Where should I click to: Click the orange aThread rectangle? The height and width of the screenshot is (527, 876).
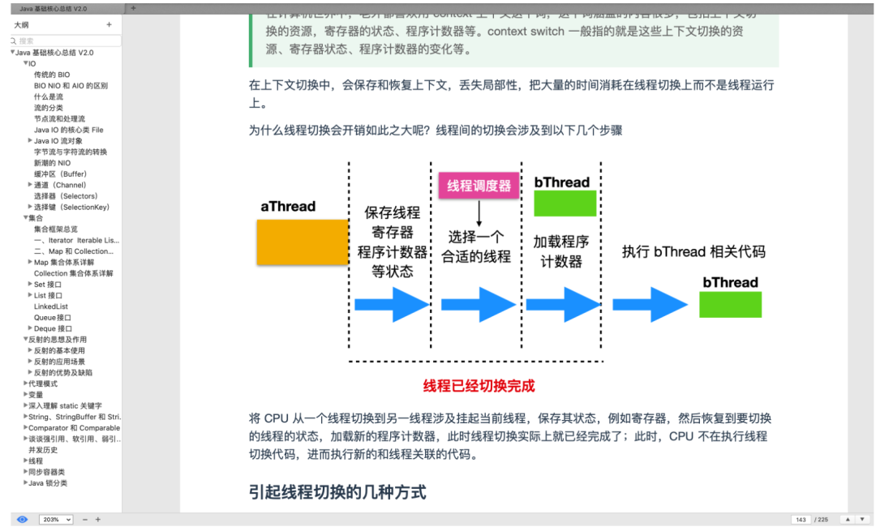pyautogui.click(x=303, y=242)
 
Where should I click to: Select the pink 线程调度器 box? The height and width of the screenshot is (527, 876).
pyautogui.click(x=479, y=186)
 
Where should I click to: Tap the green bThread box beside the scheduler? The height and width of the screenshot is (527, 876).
pyautogui.click(x=565, y=204)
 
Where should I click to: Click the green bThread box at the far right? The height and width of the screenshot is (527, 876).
pyautogui.click(x=730, y=304)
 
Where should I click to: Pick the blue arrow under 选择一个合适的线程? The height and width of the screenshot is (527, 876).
pyautogui.click(x=478, y=305)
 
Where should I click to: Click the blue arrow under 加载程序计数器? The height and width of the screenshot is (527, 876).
pyautogui.click(x=563, y=305)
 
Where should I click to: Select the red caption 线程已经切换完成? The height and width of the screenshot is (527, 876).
pyautogui.click(x=479, y=386)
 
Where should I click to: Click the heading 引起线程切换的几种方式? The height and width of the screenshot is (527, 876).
pyautogui.click(x=337, y=492)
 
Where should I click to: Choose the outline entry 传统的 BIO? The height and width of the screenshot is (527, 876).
pyautogui.click(x=52, y=75)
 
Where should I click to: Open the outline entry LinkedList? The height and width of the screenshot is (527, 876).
pyautogui.click(x=51, y=306)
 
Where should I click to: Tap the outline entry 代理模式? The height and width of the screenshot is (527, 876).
pyautogui.click(x=43, y=383)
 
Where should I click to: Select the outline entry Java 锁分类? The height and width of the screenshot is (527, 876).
pyautogui.click(x=47, y=483)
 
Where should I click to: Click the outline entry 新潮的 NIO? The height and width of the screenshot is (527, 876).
pyautogui.click(x=52, y=163)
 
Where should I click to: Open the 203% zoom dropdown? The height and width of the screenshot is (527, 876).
pyautogui.click(x=56, y=519)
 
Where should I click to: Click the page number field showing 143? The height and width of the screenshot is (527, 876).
pyautogui.click(x=801, y=519)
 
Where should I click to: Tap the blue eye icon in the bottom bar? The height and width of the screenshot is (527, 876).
pyautogui.click(x=22, y=519)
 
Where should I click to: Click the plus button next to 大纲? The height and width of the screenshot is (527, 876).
pyautogui.click(x=109, y=25)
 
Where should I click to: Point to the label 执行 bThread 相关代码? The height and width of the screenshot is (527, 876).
pyautogui.click(x=693, y=251)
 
